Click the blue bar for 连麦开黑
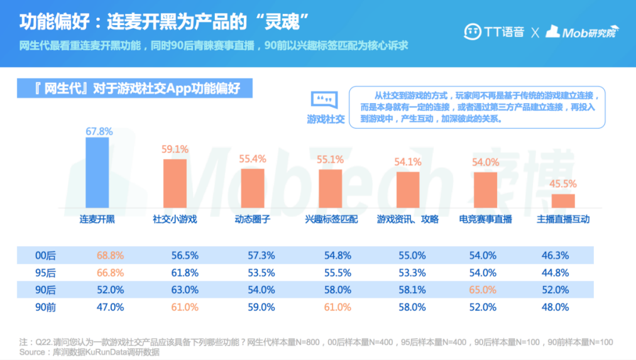tap(97, 172)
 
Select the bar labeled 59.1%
tap(175, 183)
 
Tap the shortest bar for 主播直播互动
tap(563, 200)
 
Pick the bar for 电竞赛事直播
tap(485, 189)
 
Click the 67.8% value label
tap(99, 131)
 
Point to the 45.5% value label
tap(564, 184)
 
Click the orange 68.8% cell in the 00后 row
tap(110, 256)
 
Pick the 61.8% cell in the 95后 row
tap(185, 273)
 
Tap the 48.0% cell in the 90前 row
tap(555, 307)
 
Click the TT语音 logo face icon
tap(473, 31)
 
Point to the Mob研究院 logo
tap(581, 31)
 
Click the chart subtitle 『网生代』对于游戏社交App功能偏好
tap(137, 89)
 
